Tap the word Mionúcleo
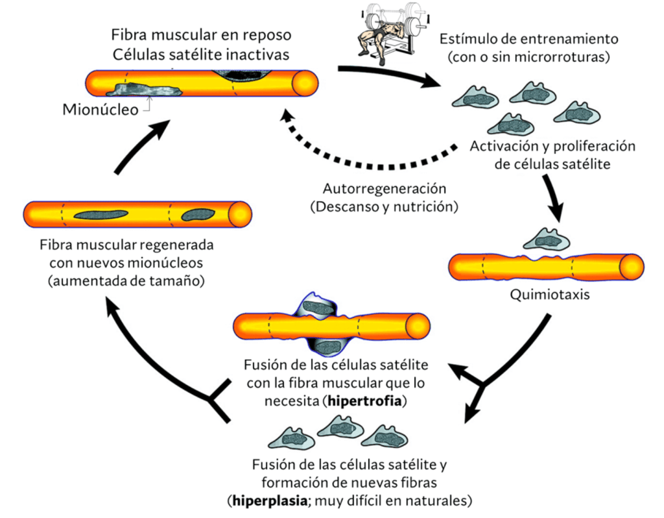pos(100,109)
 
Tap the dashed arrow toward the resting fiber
pos(370,159)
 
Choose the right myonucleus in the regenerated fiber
pos(197,214)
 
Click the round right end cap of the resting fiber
pos(305,83)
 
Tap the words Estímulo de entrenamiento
pos(528,40)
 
